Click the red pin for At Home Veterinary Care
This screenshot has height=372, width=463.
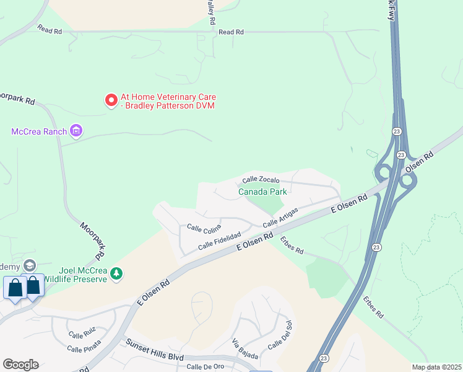(x=111, y=100)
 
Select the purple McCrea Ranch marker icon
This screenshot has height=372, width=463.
(x=76, y=130)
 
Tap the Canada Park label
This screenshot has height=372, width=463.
(x=263, y=192)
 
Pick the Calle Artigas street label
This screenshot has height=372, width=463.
(x=280, y=217)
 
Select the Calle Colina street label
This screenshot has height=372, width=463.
(x=204, y=229)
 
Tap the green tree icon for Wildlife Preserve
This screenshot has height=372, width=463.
(x=116, y=273)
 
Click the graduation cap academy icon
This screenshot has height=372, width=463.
(x=28, y=266)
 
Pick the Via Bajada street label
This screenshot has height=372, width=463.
(x=244, y=349)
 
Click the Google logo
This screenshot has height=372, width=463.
(x=20, y=365)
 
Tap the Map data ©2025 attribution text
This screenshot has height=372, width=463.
(x=436, y=367)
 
